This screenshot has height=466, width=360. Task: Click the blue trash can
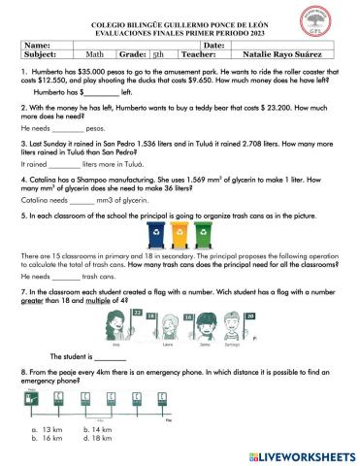156,234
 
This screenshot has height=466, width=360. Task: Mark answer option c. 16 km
49,438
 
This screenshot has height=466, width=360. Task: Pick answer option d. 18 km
100,438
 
